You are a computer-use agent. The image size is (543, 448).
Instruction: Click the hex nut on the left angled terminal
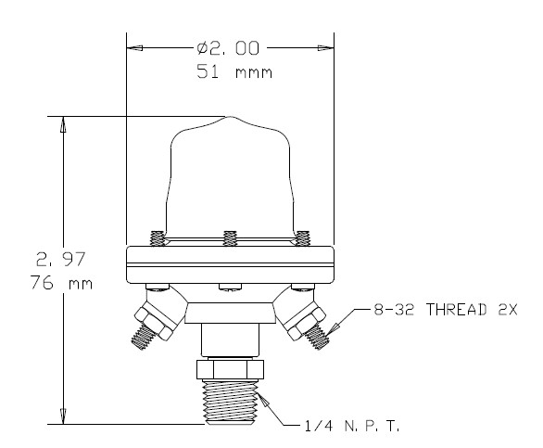(x=153, y=311)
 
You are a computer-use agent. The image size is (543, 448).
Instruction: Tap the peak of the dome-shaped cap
(x=229, y=118)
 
